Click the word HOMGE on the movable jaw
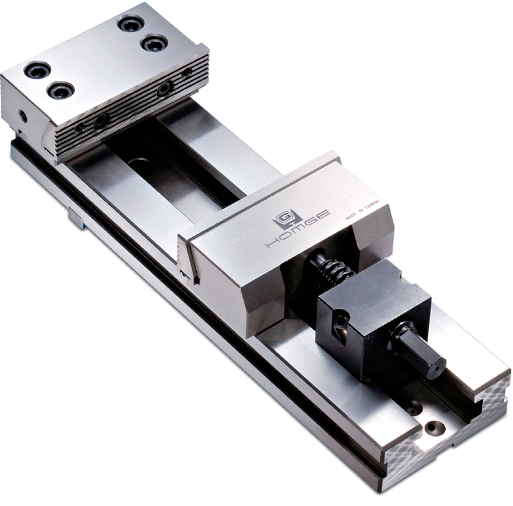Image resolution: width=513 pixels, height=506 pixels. pyautogui.click(x=297, y=229)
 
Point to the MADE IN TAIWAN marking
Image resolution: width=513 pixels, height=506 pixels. pyautogui.click(x=363, y=210)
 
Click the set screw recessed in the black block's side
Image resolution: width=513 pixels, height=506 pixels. pyautogui.click(x=341, y=322)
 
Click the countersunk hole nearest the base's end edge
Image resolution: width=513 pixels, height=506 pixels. pyautogui.click(x=435, y=428)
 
